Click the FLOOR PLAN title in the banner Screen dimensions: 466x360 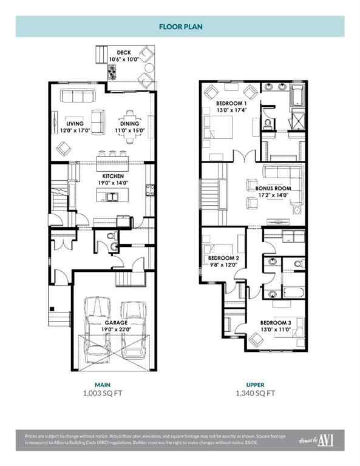tap(180, 27)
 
